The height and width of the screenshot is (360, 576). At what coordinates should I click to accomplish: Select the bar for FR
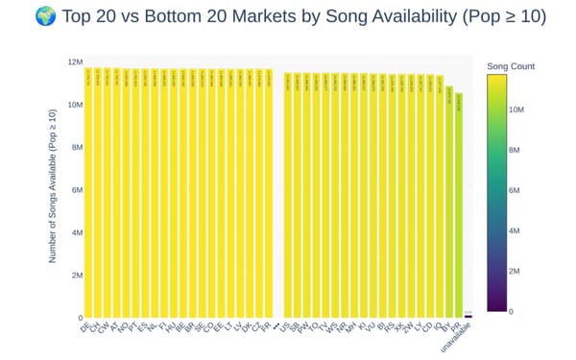tap(268, 192)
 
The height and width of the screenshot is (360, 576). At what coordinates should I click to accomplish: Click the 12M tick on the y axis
tap(73, 62)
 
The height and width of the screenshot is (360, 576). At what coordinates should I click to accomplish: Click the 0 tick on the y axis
tap(79, 318)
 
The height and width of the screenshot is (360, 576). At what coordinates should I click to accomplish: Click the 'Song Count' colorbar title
tap(511, 66)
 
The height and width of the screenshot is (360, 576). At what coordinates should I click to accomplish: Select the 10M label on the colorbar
tap(515, 110)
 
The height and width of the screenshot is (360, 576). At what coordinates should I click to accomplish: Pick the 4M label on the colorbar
tap(513, 231)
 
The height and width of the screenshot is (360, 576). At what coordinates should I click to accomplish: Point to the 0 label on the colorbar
tap(510, 311)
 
